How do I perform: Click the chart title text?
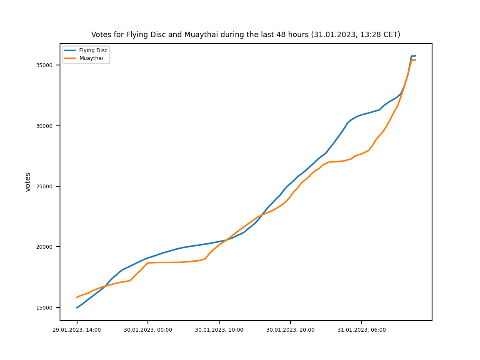click(245, 35)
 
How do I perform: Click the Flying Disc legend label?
click(93, 50)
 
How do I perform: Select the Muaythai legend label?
click(91, 58)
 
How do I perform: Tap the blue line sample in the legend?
click(70, 50)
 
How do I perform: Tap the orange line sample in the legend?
click(70, 58)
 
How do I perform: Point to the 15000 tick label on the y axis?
click(44, 307)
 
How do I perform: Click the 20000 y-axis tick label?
click(44, 247)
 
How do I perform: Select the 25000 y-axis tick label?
click(44, 186)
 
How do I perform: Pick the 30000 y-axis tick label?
click(44, 126)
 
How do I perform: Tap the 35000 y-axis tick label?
click(44, 65)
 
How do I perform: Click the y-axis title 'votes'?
click(28, 182)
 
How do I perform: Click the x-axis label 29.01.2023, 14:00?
click(77, 330)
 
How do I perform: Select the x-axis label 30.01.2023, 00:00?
click(148, 330)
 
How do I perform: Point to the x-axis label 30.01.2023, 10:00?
click(219, 330)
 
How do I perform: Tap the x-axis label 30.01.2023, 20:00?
click(290, 330)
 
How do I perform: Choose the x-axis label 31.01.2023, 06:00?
click(362, 330)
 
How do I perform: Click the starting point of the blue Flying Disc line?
click(77, 308)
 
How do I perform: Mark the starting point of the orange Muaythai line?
click(77, 297)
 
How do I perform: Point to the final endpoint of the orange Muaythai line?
click(415, 60)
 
